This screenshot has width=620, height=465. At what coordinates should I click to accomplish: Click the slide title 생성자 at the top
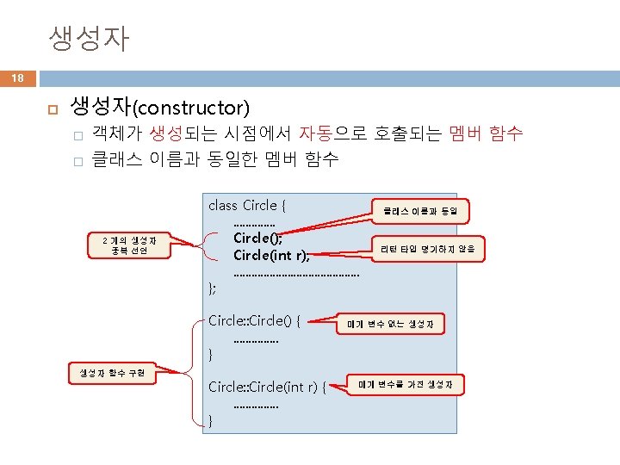point(89,38)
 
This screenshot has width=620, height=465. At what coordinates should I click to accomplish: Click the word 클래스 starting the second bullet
point(118,158)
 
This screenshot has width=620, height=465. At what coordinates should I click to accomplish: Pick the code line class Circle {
point(247,205)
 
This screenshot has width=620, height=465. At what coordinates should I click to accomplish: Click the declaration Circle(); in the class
point(257,237)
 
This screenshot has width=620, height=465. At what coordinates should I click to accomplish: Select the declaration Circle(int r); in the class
point(271,254)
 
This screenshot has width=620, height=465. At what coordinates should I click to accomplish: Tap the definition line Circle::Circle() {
point(254,320)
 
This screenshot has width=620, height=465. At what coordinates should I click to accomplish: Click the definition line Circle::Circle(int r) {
point(267,387)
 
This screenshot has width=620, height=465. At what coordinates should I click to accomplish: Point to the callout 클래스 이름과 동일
point(420,209)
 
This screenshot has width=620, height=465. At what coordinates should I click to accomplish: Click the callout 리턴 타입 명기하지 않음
point(428,249)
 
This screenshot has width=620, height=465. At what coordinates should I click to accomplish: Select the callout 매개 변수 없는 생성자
point(395,325)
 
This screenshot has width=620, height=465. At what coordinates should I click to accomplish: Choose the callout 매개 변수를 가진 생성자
point(405,384)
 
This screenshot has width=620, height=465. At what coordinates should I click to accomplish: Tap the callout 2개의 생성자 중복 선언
point(124,245)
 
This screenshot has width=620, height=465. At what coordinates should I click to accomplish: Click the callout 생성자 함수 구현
point(111,373)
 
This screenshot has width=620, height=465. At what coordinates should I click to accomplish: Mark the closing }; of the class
point(213,287)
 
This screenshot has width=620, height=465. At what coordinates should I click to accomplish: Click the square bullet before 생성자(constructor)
point(52,108)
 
